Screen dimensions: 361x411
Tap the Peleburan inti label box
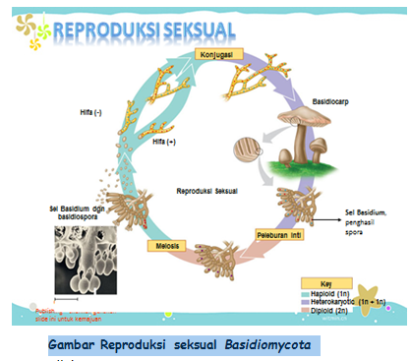coord(279,237)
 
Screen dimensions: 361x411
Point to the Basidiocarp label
coord(311,101)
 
